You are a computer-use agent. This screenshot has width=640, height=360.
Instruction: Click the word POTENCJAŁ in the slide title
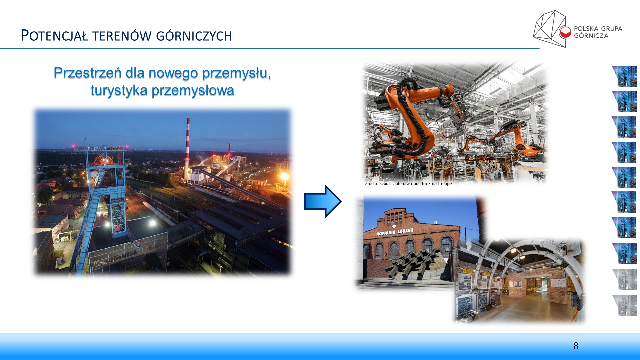[54, 36]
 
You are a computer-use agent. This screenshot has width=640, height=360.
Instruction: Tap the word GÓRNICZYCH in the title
[194, 36]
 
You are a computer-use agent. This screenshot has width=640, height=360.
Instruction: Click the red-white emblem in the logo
[565, 32]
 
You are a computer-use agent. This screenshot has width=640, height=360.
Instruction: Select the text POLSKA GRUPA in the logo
[598, 29]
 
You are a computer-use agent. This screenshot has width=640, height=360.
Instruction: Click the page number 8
[576, 346]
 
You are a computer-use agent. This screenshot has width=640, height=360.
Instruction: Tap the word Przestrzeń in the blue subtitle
[87, 73]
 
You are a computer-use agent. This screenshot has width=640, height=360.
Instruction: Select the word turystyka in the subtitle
[119, 90]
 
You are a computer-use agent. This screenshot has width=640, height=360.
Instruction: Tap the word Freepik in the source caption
[445, 183]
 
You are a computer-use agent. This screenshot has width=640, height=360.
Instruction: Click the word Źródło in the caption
[371, 183]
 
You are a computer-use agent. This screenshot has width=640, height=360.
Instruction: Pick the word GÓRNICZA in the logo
[591, 36]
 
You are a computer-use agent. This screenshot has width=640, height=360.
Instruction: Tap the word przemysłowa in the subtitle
[193, 90]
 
